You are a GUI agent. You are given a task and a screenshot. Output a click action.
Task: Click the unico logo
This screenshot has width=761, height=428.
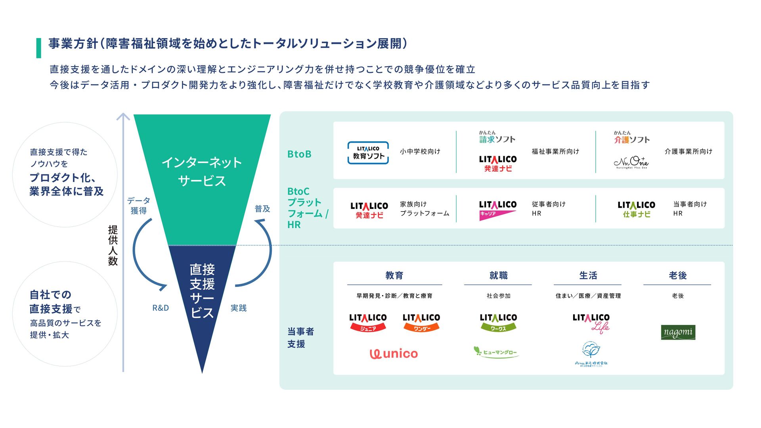point(394,353)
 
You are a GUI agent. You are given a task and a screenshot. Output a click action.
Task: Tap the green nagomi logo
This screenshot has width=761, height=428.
point(678,332)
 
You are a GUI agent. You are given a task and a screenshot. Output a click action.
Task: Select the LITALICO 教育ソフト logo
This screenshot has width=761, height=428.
point(368,153)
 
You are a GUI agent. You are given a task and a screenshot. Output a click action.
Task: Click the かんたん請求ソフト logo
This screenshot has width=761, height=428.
point(497,137)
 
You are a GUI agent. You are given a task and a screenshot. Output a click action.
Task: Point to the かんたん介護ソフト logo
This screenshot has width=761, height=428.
point(632,138)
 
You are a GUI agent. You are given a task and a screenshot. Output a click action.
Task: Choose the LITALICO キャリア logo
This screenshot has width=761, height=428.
point(498,210)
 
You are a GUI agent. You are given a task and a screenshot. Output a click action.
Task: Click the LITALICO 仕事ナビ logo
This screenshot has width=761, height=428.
point(636,209)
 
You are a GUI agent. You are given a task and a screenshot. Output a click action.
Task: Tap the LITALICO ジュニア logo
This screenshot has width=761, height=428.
point(368,322)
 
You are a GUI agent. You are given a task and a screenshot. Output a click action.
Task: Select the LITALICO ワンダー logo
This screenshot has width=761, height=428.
point(421,322)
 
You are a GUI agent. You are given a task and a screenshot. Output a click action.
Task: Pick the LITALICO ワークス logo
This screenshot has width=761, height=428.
point(498,322)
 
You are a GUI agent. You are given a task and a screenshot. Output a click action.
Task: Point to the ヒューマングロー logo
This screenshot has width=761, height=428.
point(496,352)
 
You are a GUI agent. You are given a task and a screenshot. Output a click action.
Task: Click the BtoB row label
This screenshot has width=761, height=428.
point(299,154)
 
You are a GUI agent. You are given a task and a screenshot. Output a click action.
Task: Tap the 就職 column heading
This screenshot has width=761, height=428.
point(498,275)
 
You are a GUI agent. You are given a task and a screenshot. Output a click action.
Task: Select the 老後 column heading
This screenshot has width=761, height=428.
point(677,275)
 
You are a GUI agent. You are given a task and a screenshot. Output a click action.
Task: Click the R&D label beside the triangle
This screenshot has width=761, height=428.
point(161,308)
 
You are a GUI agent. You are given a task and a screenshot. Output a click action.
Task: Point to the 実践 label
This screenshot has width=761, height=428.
point(239,308)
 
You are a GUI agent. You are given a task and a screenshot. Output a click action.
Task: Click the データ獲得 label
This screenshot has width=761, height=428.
point(139,206)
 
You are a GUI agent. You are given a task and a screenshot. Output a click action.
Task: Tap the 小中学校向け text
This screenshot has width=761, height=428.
point(420,151)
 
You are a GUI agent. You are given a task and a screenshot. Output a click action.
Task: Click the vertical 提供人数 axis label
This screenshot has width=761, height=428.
point(113,245)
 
